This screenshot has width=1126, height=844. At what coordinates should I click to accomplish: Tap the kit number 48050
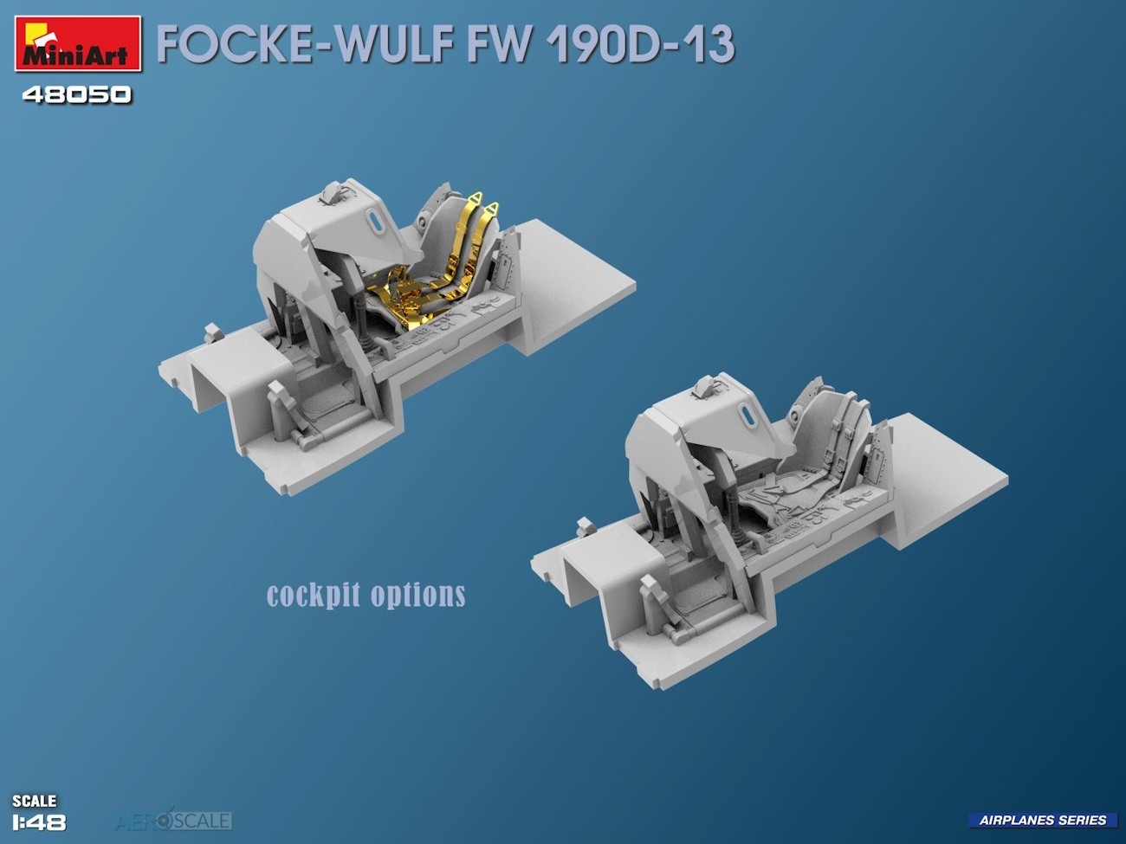tap(77, 95)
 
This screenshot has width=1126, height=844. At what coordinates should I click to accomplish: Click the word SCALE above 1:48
tap(34, 801)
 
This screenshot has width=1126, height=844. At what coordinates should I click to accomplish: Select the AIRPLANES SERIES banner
tap(1043, 821)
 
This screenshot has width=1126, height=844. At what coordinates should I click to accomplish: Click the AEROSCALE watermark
tap(173, 820)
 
